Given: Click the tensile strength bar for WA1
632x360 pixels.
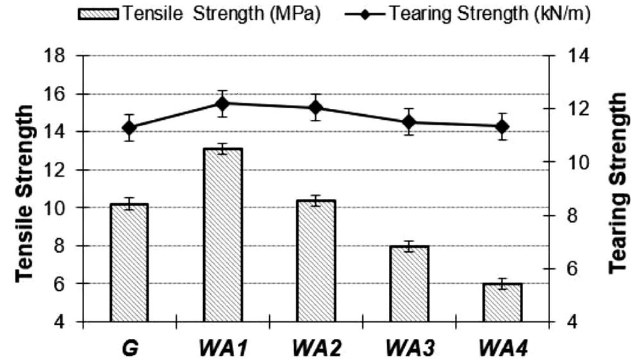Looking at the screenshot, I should point(222,235).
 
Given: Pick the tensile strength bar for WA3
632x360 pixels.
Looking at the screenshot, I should point(409,283).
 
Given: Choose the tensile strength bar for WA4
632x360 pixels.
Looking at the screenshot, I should point(503,302).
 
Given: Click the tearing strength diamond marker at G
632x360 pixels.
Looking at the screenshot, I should point(129,127).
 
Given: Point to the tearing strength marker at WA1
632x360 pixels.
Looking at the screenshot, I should point(222,104).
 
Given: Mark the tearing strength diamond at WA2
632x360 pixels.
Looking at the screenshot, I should point(315,108).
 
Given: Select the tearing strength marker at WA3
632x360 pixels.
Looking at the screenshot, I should point(409,122).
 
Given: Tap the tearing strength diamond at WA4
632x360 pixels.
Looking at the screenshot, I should point(503,126).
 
